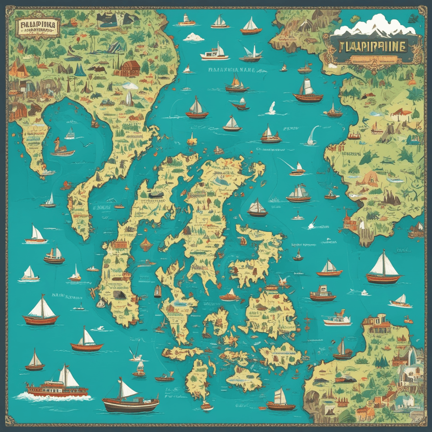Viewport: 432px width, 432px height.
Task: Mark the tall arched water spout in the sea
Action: tap(312, 135)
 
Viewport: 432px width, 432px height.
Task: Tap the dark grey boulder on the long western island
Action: tap(118, 295)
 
